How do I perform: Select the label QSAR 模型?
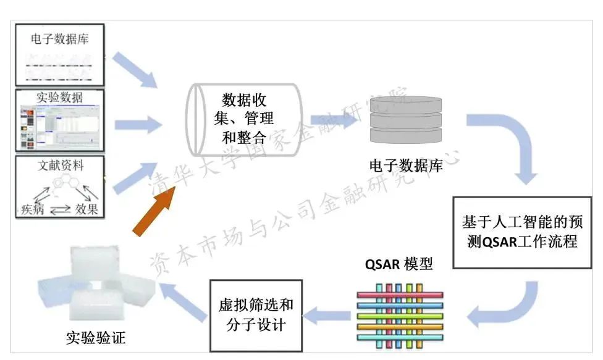point(398,265)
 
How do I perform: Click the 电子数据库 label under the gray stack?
point(406,165)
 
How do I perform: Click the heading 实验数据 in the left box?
point(60,97)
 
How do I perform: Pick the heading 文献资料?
point(60,165)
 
